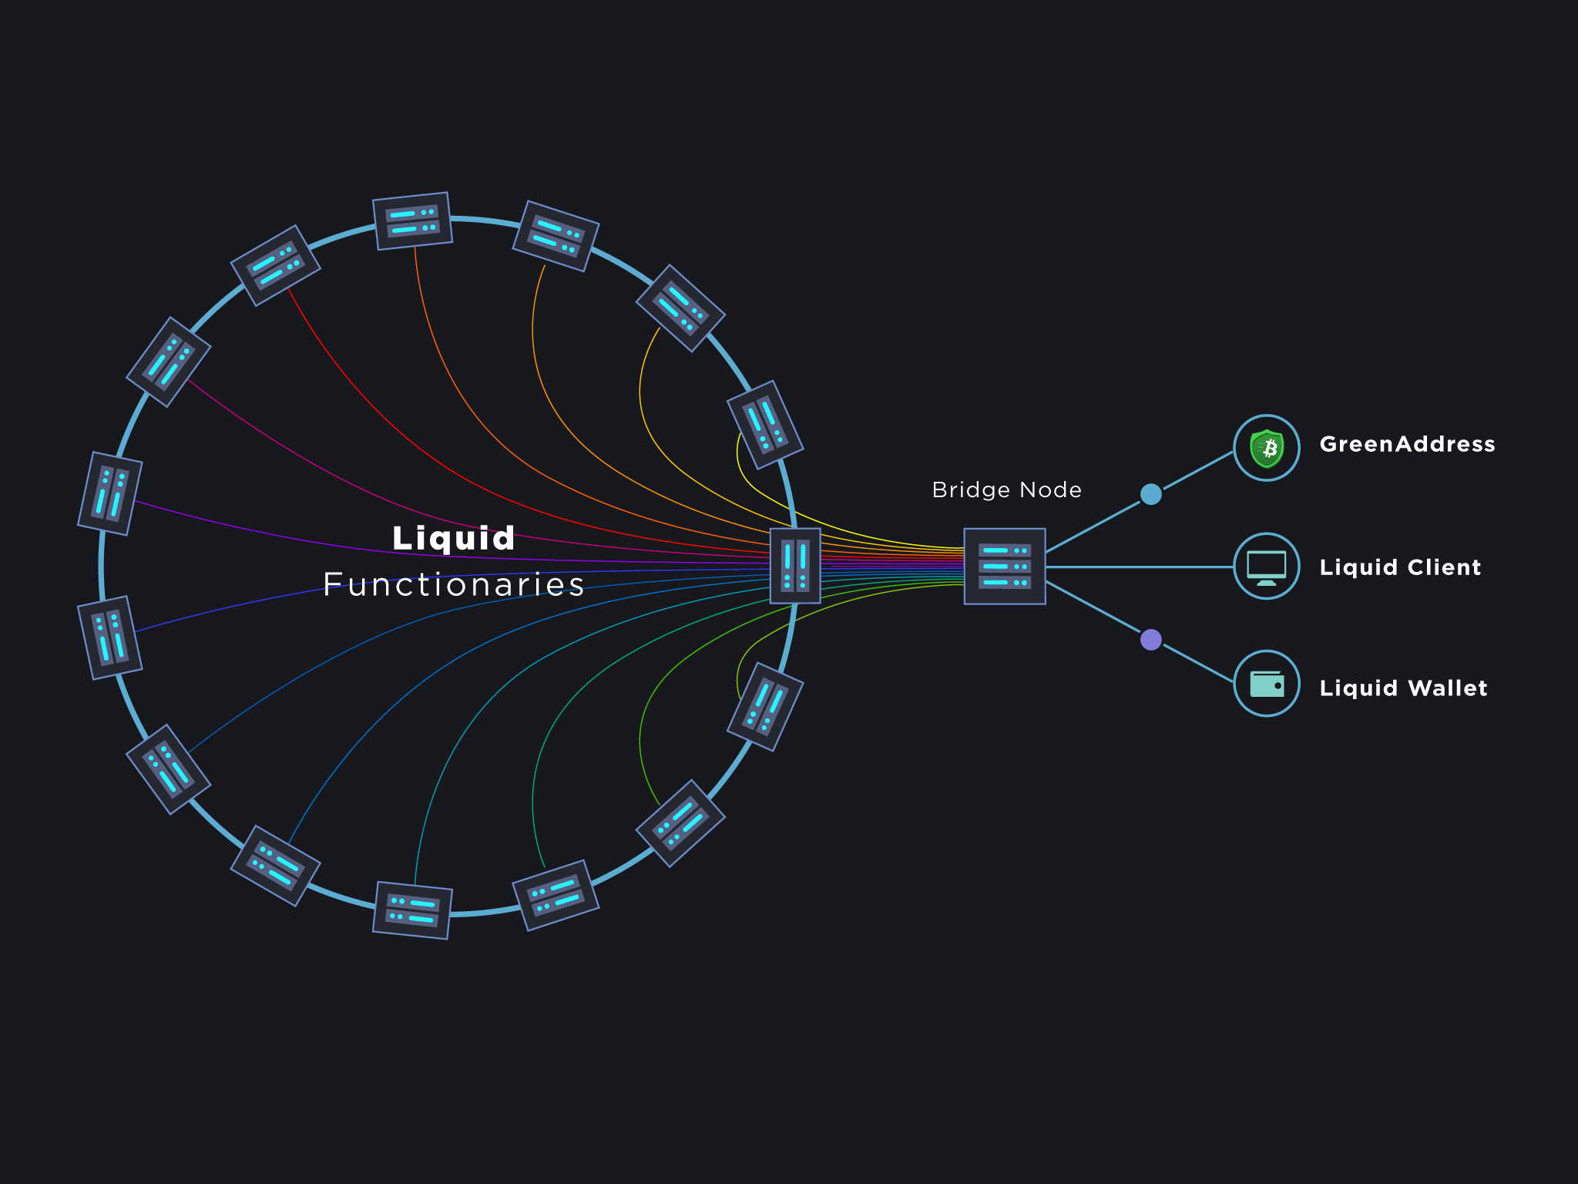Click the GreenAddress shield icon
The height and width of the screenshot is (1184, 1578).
pyautogui.click(x=1267, y=448)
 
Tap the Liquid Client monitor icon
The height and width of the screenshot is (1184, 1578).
pyautogui.click(x=1267, y=567)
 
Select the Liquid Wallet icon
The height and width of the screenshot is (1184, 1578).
pyautogui.click(x=1267, y=684)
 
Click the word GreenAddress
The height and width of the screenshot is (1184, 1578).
pyautogui.click(x=1407, y=444)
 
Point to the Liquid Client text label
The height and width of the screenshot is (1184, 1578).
pyautogui.click(x=1400, y=567)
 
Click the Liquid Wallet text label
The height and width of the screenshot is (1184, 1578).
pyautogui.click(x=1403, y=688)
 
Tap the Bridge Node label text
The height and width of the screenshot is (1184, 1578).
pyautogui.click(x=1006, y=489)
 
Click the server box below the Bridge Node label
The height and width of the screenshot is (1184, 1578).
pyautogui.click(x=1005, y=567)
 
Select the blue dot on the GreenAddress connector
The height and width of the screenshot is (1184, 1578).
pyautogui.click(x=1150, y=494)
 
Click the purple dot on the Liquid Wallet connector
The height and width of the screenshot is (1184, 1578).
pyautogui.click(x=1150, y=640)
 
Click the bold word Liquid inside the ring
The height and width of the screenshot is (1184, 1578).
pyautogui.click(x=453, y=538)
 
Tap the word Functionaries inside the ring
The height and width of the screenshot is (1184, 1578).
pyautogui.click(x=453, y=584)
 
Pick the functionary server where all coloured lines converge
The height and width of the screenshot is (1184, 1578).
pyautogui.click(x=795, y=566)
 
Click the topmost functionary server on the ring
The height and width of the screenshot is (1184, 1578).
pyautogui.click(x=412, y=221)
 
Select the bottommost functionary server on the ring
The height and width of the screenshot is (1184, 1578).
pyautogui.click(x=412, y=910)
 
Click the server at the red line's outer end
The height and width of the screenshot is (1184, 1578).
pyautogui.click(x=275, y=265)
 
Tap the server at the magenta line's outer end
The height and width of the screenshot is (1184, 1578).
pyautogui.click(x=169, y=362)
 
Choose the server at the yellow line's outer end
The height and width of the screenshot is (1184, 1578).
pyautogui.click(x=765, y=425)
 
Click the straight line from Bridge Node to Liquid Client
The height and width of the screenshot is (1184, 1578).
pyautogui.click(x=1140, y=567)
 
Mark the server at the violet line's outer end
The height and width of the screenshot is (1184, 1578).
pyautogui.click(x=110, y=493)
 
